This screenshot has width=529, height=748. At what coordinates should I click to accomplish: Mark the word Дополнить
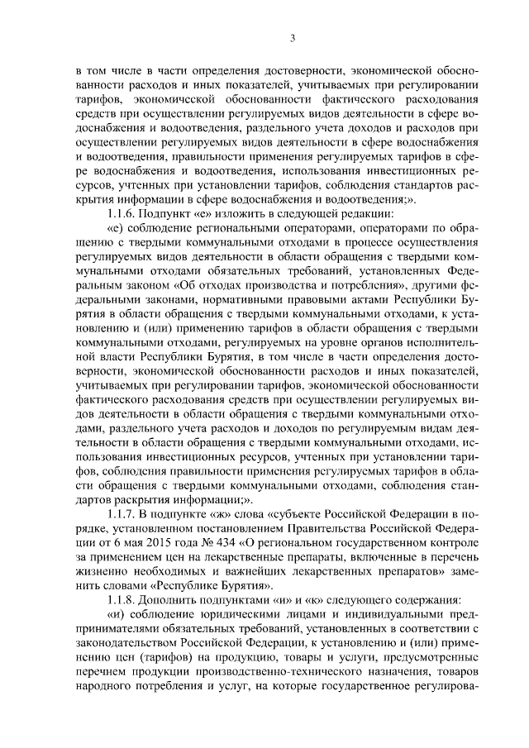[182, 598]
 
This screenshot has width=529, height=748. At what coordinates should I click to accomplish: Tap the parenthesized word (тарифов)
[182, 663]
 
